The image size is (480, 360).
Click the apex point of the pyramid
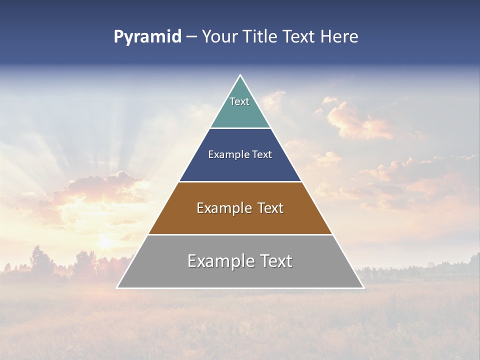click(x=240, y=75)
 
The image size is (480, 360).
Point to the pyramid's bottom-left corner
click(x=117, y=287)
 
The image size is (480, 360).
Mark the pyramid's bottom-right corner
click(x=363, y=287)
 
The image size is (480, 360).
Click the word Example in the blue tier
click(x=224, y=155)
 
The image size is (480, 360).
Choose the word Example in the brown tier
click(x=220, y=208)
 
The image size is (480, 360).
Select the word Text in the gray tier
click(x=274, y=261)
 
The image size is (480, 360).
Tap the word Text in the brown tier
click(x=269, y=208)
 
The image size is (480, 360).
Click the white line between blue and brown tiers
click(x=240, y=181)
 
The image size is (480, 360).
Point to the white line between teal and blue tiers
click(x=240, y=128)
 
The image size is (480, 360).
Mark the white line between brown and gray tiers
click(x=240, y=234)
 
